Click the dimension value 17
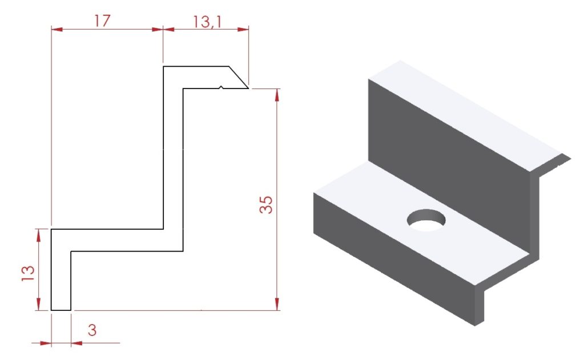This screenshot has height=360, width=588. pos(102,21)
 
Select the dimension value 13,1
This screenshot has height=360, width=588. pos(207,22)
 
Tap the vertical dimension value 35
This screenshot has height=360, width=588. pos(266,205)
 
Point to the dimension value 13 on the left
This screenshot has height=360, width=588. pos(28,273)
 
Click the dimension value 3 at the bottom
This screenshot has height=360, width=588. pos(92,330)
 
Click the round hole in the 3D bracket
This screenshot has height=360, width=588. pos(426,220)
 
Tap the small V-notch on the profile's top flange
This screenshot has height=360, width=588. pos(221,88)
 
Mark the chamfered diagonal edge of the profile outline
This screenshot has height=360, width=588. pos(239,77)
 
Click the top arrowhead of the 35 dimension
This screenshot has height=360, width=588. pos(277,95)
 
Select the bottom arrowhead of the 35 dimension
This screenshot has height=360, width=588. pos(277,304)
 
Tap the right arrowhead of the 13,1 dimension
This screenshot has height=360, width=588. pos(243,29)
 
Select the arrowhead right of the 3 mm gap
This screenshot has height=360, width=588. pos(77,343)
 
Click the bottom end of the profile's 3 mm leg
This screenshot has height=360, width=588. pos(61,310)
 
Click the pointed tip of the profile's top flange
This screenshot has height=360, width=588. pos(249,88)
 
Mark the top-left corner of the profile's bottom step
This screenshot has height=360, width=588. pos(51,229)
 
